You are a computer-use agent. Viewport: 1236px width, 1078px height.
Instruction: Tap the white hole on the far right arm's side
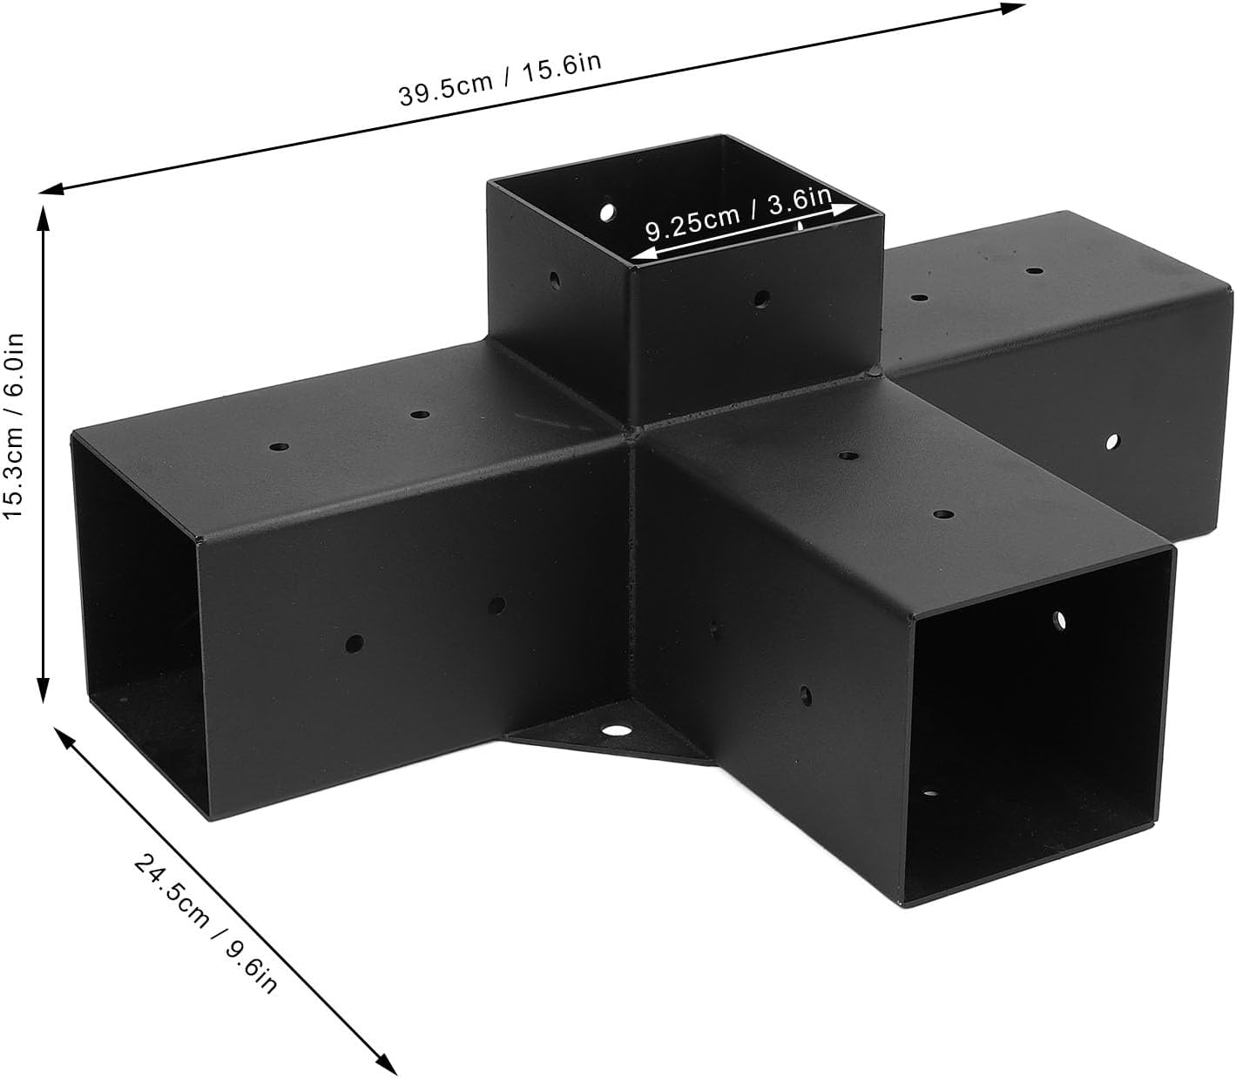click(1112, 443)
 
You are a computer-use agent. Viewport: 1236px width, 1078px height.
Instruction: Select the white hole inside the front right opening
click(1060, 620)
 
